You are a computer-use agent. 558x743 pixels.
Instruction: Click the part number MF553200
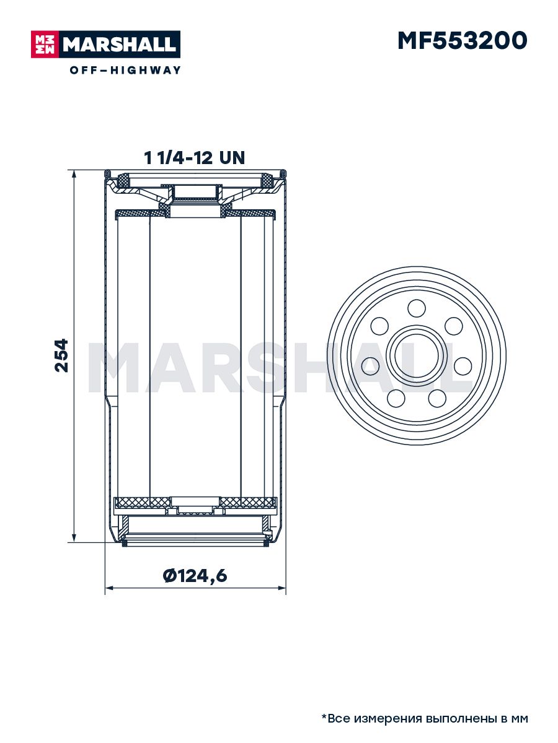point(463,41)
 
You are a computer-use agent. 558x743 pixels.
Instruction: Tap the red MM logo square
point(45,45)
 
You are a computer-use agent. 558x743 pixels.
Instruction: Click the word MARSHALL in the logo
point(120,45)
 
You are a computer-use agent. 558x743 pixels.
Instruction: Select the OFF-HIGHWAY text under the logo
point(125,70)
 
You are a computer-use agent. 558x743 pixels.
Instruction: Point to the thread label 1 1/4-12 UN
point(194,158)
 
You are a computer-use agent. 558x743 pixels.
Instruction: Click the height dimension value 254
point(61,355)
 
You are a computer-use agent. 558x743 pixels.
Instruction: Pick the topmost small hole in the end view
point(417,308)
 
